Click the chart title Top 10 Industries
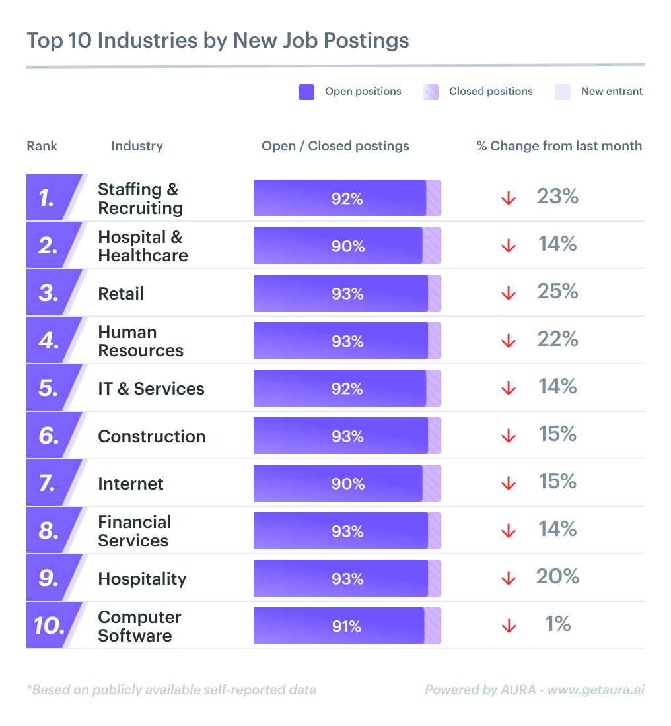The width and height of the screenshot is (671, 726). [x=217, y=40]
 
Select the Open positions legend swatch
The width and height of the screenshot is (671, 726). [x=306, y=92]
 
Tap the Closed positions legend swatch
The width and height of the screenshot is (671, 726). [x=431, y=92]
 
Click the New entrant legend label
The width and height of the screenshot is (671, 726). [x=612, y=92]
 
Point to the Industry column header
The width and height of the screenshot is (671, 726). [x=137, y=146]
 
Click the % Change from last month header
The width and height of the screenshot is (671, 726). [x=559, y=146]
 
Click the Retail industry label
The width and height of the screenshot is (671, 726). [x=121, y=294]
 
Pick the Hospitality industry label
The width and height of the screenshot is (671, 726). [x=142, y=579]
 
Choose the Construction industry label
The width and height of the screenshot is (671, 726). [x=151, y=436]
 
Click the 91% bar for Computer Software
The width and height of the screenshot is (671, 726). [x=339, y=626]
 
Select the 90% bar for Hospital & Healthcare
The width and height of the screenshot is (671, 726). [x=337, y=246]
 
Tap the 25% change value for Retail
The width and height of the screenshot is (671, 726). [x=557, y=292]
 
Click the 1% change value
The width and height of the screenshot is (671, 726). [x=557, y=624]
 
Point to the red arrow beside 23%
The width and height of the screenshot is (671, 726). [x=508, y=198]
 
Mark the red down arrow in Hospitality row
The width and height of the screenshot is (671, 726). [x=508, y=578]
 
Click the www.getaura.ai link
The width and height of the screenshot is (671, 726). [x=595, y=690]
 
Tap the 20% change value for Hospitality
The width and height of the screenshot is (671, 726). [x=557, y=577]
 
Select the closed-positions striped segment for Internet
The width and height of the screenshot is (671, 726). [x=431, y=483]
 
